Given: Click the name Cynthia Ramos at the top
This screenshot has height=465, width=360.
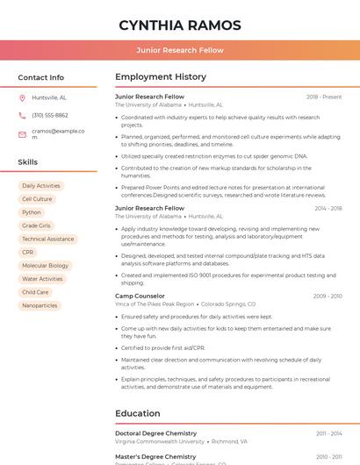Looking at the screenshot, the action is (x=179, y=24).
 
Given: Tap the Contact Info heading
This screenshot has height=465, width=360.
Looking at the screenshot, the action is (x=40, y=77).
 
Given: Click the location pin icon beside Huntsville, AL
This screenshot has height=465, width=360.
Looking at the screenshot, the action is (x=22, y=97).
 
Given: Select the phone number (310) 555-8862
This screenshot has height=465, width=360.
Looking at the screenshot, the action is (x=50, y=115).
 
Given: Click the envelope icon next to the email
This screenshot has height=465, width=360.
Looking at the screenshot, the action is (x=22, y=132).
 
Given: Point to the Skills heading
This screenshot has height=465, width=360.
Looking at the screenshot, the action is (x=27, y=162).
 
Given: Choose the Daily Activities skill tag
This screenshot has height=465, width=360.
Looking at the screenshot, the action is (x=41, y=186).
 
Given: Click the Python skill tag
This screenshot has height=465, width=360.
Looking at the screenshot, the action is (x=32, y=212).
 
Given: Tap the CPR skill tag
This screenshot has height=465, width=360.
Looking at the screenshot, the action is (x=28, y=252).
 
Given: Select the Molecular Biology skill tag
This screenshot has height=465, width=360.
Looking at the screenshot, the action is (x=45, y=265).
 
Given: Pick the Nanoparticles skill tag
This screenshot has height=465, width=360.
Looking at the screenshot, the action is (x=40, y=305).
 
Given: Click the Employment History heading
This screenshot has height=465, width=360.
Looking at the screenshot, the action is (x=161, y=77).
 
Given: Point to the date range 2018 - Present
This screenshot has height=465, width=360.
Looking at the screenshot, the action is (x=324, y=97).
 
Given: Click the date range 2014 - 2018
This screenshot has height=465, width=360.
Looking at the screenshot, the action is (x=328, y=208).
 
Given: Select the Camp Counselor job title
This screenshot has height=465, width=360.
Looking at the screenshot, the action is (x=140, y=296).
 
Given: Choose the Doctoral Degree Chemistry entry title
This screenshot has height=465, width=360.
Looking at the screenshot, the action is (x=155, y=433).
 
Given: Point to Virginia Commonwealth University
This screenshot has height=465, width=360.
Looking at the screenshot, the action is (x=160, y=442).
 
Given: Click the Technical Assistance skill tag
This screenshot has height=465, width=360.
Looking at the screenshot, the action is (x=47, y=239).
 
